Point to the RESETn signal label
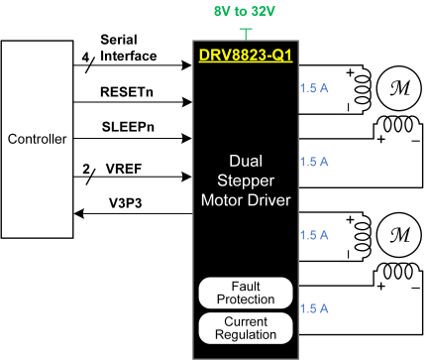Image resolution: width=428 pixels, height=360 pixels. tap(126, 89)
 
